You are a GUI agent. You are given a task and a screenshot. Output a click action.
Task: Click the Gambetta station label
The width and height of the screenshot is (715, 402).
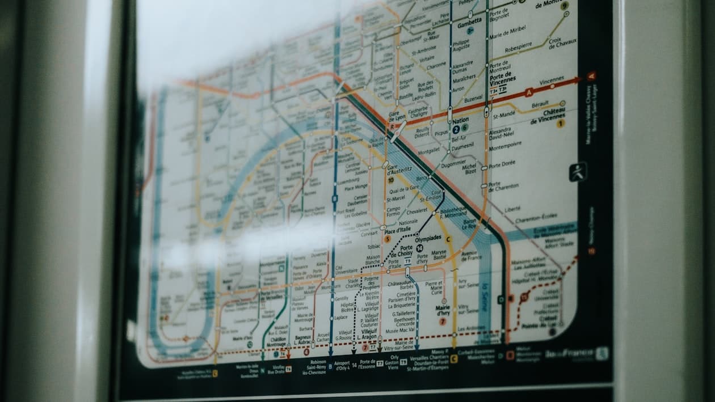pos(470,21)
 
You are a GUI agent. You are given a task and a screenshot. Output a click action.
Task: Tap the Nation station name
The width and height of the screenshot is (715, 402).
pos(460,120)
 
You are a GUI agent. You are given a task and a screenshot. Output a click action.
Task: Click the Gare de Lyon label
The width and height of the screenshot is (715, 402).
pos(397,116)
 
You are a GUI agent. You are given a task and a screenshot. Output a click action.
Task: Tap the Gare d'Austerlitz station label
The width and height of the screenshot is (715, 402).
pos(399,170)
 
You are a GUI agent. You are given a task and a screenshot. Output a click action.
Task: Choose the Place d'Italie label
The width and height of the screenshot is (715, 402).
pos(398,231)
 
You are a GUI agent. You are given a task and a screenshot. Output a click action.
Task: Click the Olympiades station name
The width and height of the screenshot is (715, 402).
pos(428,239)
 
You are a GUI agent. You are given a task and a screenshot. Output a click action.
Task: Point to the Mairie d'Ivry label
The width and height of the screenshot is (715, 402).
pos(443,310)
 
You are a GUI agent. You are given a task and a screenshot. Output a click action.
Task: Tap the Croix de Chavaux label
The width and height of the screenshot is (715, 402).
pos(562,43)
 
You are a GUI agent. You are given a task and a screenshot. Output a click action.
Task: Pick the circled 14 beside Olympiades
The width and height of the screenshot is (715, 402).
pos(419,248)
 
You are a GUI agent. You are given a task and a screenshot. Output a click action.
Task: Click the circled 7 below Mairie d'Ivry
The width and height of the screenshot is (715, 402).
pos(443,321)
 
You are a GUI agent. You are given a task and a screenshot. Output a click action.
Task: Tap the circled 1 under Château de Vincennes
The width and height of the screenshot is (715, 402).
pos(561,123)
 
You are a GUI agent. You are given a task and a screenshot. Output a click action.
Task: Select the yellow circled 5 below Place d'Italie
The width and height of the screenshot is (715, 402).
pos(388,239)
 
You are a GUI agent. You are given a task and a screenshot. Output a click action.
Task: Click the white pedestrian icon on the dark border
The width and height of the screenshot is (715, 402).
pos(578,171)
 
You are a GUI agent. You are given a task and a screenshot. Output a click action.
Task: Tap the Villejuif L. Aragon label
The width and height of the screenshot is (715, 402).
pos(368,333)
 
